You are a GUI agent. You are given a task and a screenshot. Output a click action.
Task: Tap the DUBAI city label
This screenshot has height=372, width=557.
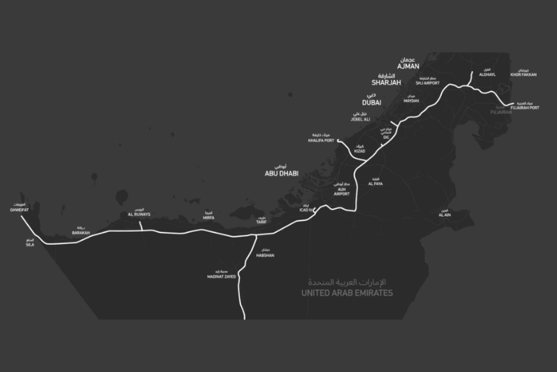[x=372, y=103]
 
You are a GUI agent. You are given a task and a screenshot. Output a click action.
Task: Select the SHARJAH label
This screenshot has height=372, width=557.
[x=386, y=82]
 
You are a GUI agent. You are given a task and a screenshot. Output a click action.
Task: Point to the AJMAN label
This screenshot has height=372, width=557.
[x=408, y=66]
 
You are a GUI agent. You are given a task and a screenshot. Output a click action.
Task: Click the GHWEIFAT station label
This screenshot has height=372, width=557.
[x=18, y=209]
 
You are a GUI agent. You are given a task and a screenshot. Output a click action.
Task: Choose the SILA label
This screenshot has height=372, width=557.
[x=30, y=244]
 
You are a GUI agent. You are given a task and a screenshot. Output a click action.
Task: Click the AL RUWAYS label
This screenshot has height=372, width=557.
[x=140, y=215]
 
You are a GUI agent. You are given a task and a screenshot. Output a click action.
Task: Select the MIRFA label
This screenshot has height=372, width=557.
[x=208, y=217]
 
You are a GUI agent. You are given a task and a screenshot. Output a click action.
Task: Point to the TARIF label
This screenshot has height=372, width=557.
[x=261, y=222]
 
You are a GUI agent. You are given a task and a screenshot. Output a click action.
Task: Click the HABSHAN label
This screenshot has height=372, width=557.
[x=265, y=255]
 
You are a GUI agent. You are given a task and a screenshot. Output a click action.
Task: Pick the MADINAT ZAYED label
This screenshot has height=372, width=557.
[x=221, y=276]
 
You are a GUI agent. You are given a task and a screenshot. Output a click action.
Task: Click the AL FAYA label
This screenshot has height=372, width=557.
[x=375, y=183]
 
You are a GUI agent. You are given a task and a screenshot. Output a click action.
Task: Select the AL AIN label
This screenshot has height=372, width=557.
[x=444, y=215]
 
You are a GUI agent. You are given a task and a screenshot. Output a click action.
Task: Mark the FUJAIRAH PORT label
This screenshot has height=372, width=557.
[x=524, y=108]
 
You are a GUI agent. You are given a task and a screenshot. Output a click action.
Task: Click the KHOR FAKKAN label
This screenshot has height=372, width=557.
[x=524, y=74]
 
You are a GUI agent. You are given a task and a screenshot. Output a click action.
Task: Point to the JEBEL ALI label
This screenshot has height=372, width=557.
[x=361, y=119]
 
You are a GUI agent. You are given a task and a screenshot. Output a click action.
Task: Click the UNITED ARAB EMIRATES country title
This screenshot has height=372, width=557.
[x=347, y=293]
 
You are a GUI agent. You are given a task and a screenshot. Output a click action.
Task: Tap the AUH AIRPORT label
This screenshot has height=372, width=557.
[x=341, y=194]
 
